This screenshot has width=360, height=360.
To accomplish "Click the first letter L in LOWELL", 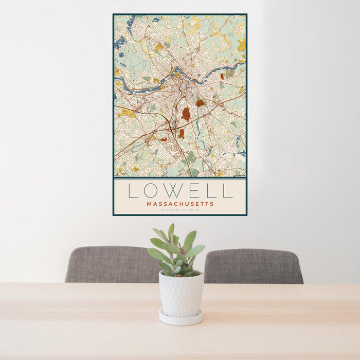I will click(133, 191).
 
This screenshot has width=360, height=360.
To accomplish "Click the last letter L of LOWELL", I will click(228, 191).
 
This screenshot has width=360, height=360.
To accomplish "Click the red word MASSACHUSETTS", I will click(180, 204).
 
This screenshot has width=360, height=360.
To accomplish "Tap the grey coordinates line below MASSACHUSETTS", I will click(180, 210).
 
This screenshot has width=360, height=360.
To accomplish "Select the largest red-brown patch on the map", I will click(186, 114).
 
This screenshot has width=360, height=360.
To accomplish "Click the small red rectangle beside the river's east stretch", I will click(222, 76).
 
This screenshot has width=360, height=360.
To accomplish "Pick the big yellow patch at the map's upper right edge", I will click(241, 45).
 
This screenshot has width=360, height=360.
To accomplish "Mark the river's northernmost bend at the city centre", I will click(177, 69).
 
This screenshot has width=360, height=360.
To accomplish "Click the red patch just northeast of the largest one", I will click(200, 103).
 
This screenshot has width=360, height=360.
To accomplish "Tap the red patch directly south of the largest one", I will click(181, 134).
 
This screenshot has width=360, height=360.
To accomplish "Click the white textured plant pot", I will click(181, 293).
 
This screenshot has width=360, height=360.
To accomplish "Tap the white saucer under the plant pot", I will click(181, 319).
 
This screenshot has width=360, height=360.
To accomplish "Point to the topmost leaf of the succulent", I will click(171, 229).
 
